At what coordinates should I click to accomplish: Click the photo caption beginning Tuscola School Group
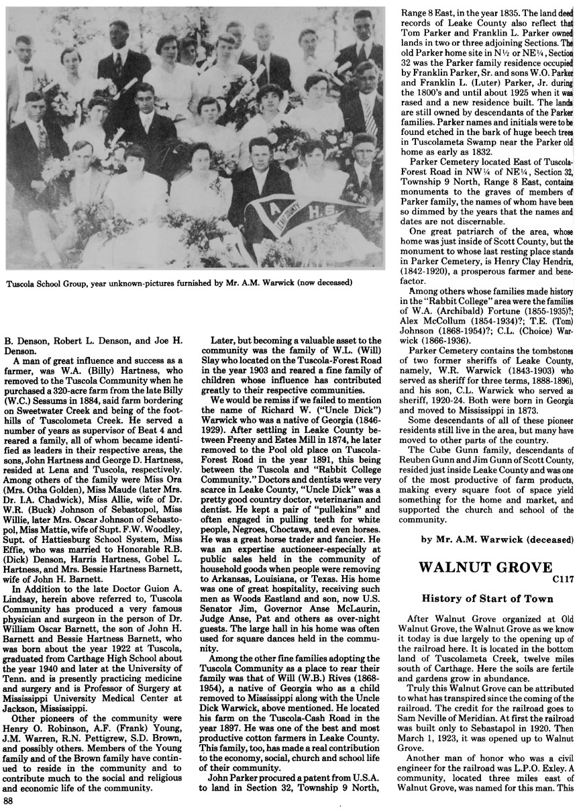[x=179, y=283]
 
